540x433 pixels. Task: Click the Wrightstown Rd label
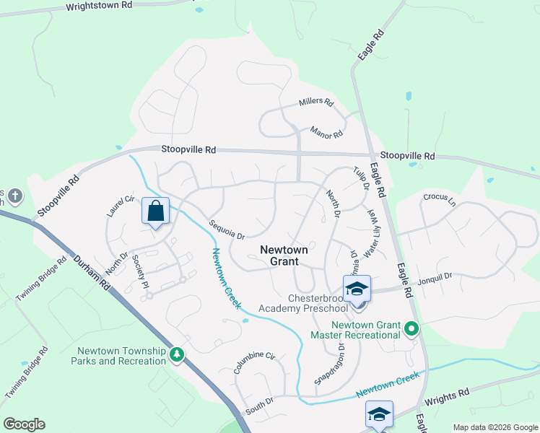point(100,6)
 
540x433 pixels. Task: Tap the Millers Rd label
point(316,102)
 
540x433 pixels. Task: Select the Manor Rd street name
point(326,133)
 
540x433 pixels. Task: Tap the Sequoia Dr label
point(227,230)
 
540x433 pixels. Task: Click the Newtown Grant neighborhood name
point(284,255)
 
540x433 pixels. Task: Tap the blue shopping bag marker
point(155,211)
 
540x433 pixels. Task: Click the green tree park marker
point(176,354)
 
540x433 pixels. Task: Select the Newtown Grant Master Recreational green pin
point(411,330)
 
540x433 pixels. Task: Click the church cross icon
point(14,196)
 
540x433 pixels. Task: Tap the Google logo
point(24,424)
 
